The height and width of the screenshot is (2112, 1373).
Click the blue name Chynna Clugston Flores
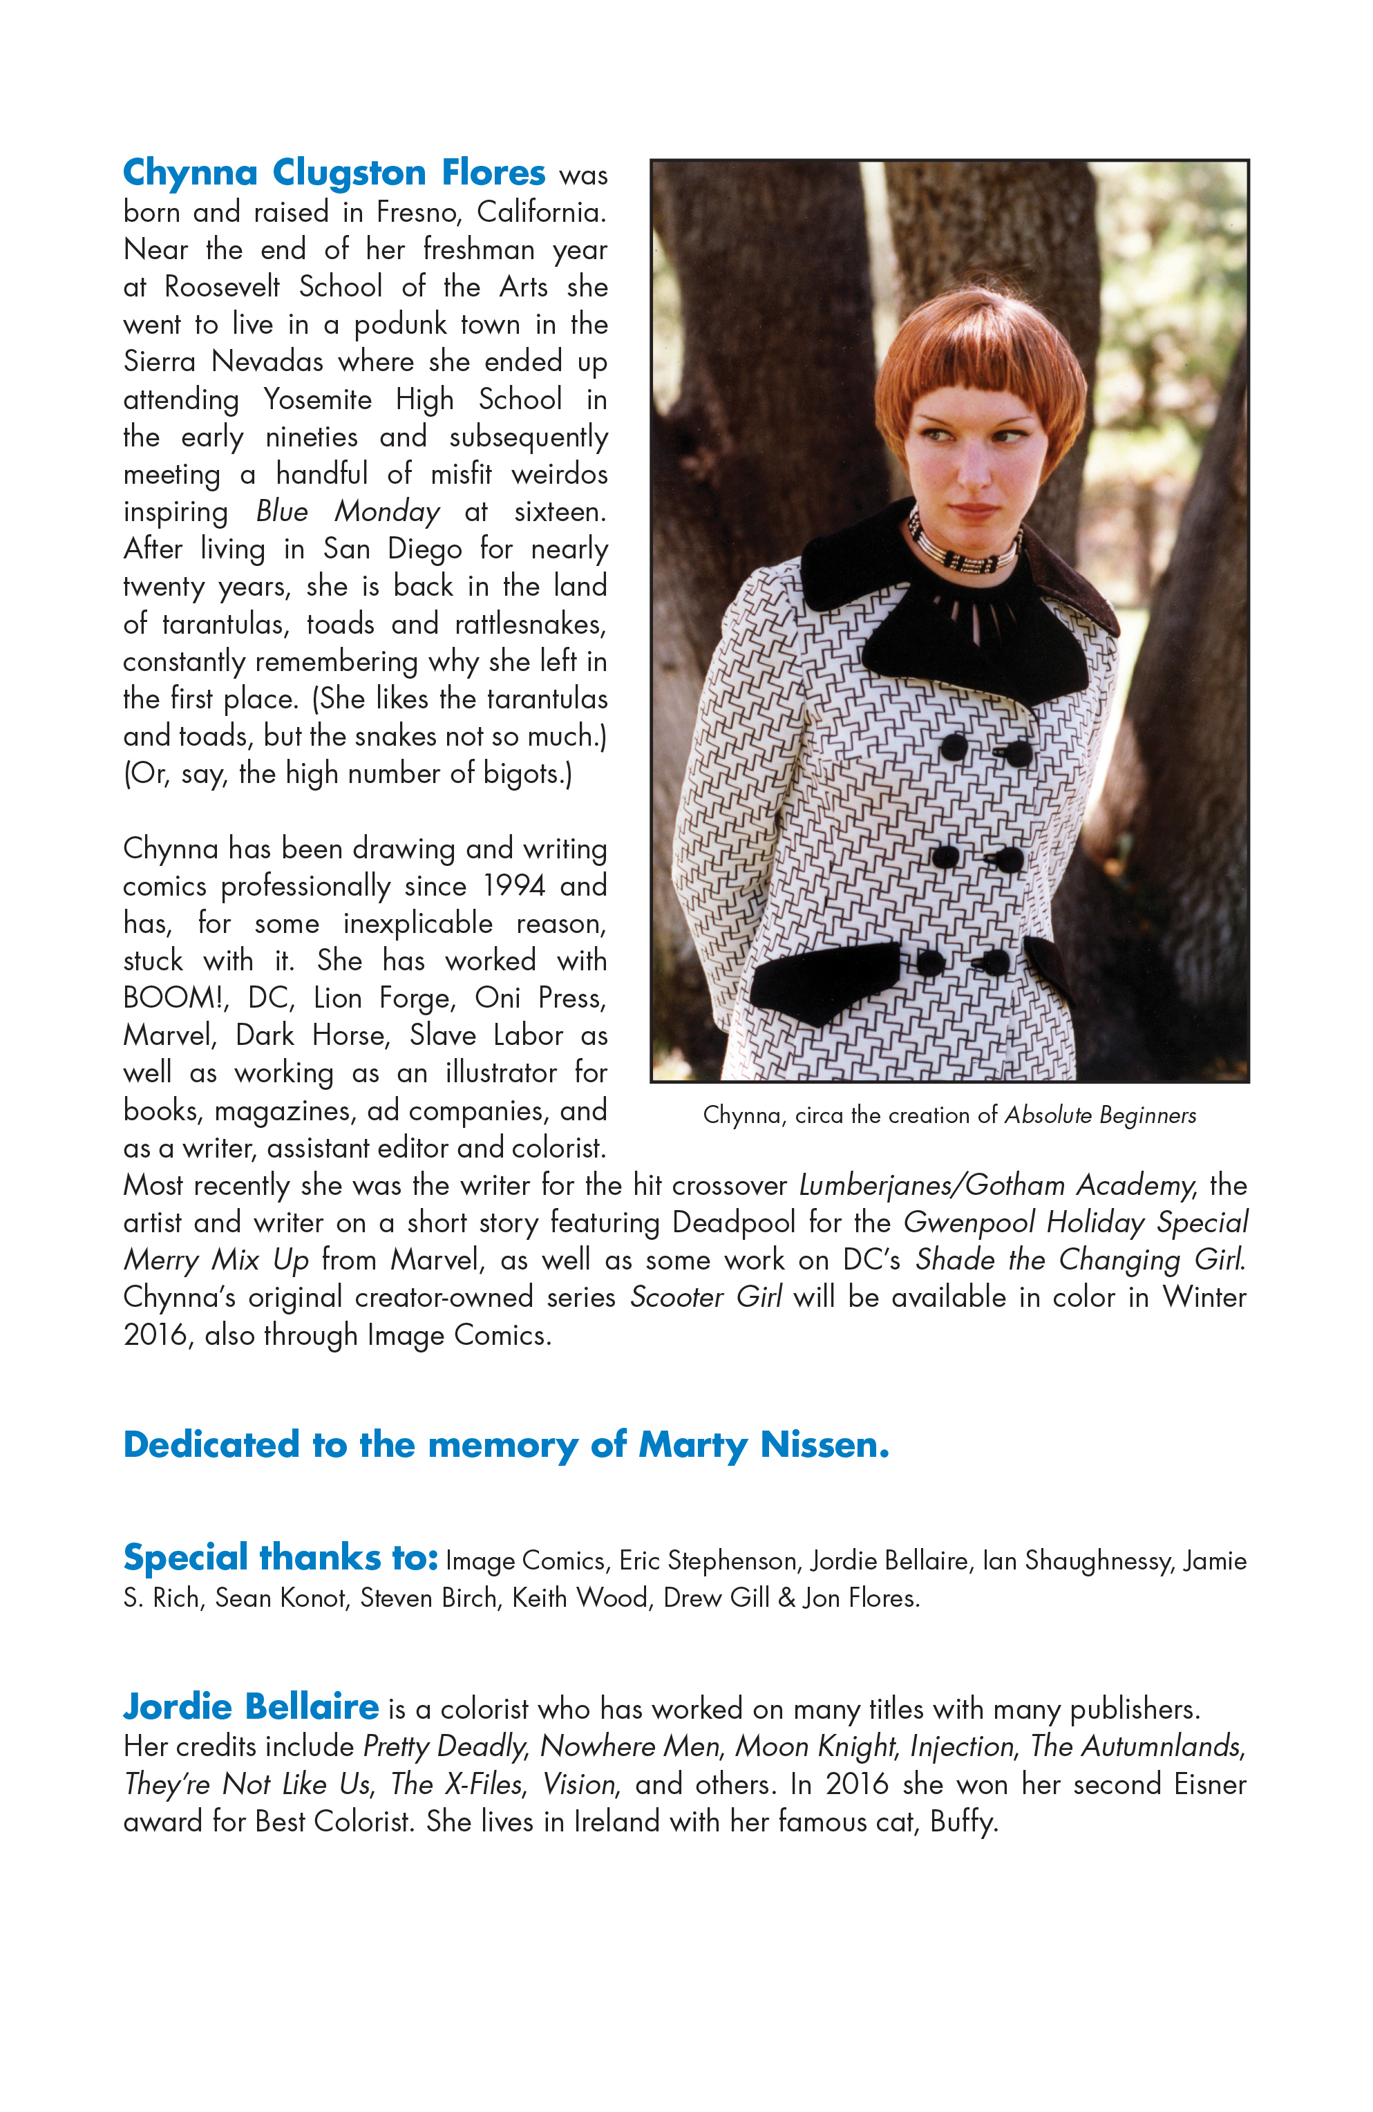(334, 172)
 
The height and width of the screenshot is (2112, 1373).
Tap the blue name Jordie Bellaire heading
(251, 1706)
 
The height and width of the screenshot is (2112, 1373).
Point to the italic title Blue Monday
(347, 512)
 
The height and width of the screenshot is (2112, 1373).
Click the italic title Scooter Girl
(706, 1297)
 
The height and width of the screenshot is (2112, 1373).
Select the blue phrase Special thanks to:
(281, 1557)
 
